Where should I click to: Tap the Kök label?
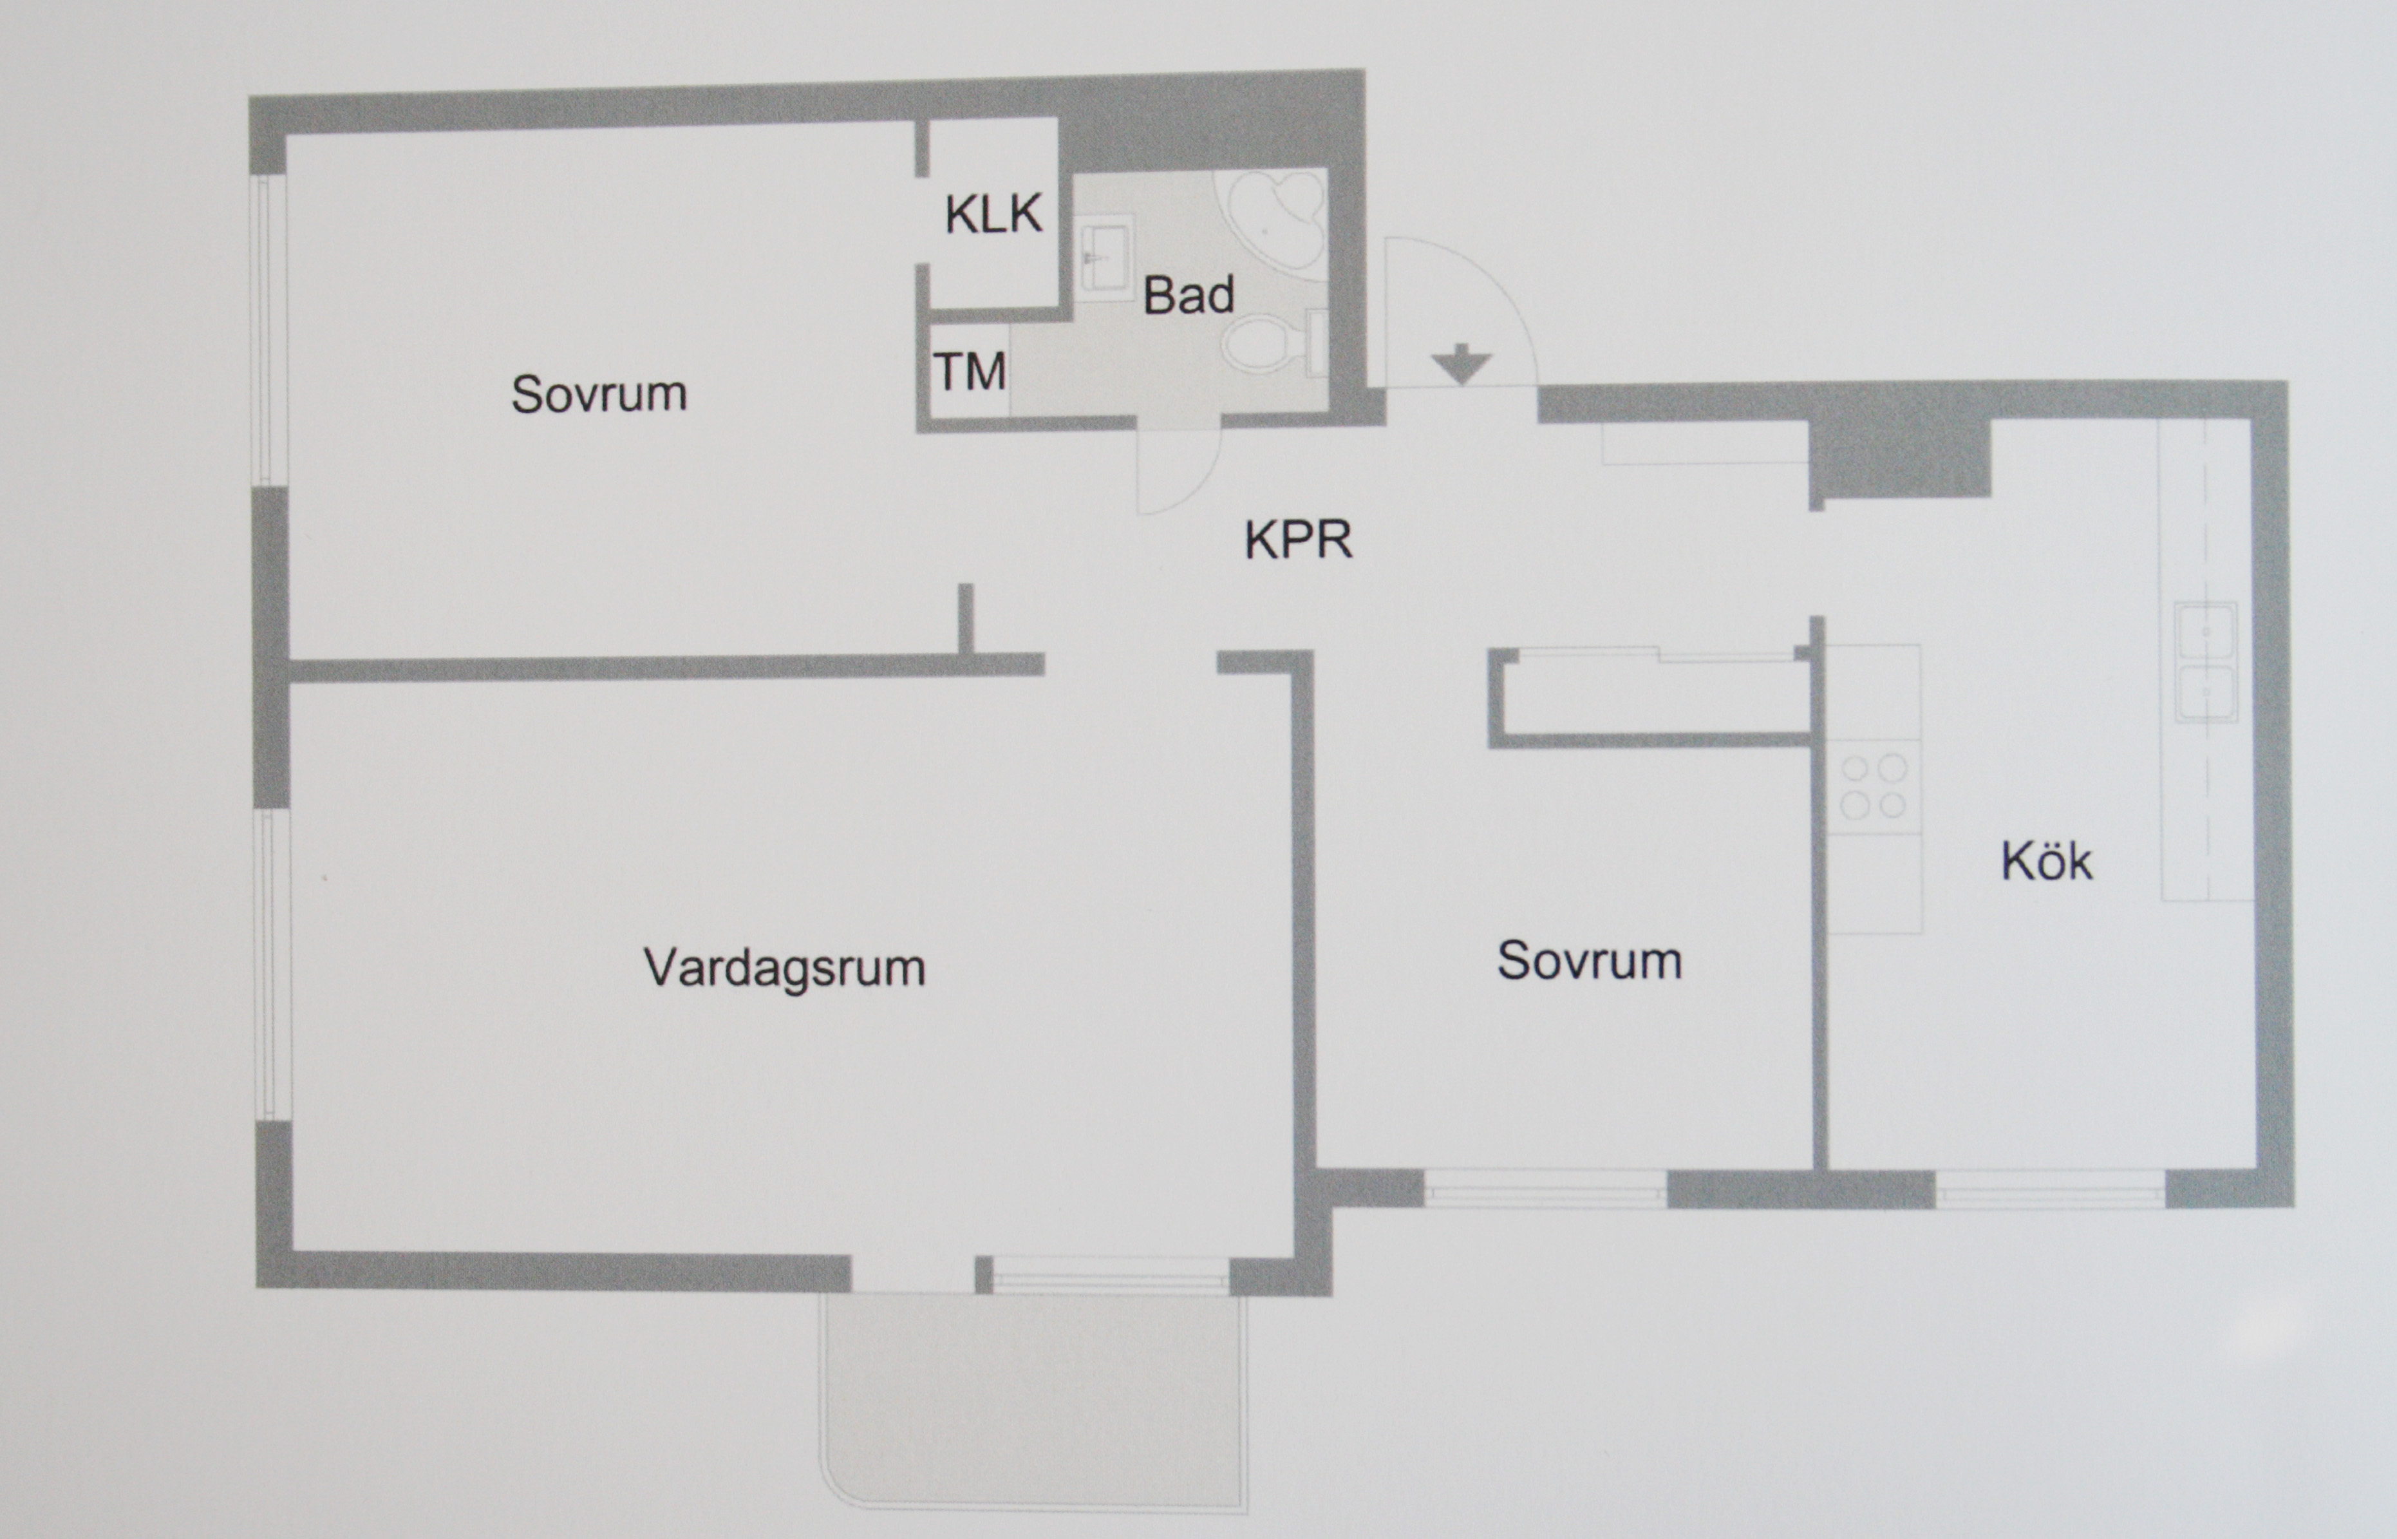2045,862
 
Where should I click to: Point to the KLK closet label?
993,214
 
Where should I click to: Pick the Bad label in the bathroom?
1188,296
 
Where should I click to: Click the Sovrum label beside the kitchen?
1589,960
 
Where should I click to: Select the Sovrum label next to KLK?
599,393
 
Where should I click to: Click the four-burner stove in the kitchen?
1874,786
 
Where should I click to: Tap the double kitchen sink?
2205,661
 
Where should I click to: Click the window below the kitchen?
2050,1189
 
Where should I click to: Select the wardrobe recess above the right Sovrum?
1653,697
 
